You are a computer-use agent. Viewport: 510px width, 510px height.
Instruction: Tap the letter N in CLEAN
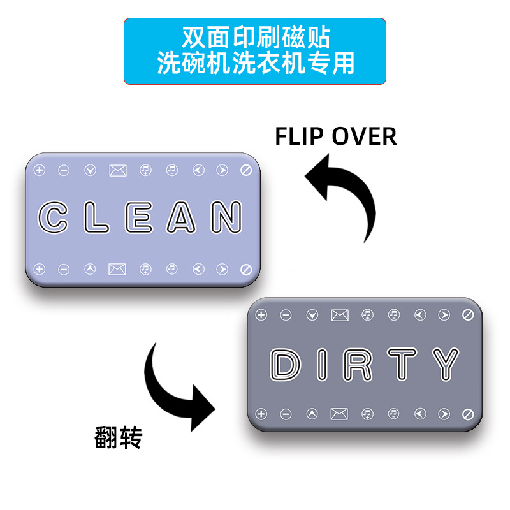point(226,217)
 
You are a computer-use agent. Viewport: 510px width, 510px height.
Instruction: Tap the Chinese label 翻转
point(118,438)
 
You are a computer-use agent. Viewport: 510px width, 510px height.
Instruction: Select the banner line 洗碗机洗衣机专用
point(255,64)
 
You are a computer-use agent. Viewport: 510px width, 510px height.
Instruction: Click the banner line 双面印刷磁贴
point(255,38)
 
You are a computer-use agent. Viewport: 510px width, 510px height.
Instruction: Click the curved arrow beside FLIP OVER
point(344,194)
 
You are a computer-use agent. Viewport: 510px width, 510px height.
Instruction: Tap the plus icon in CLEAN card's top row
point(39,170)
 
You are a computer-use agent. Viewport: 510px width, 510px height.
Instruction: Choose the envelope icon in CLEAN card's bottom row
point(117,269)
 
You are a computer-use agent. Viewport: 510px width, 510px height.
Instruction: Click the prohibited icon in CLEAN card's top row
point(247,170)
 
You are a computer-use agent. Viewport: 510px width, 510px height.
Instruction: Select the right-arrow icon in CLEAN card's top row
point(222,170)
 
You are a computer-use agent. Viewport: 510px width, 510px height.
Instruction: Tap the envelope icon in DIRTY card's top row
point(340,314)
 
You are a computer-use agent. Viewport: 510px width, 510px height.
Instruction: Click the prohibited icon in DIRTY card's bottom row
point(468,414)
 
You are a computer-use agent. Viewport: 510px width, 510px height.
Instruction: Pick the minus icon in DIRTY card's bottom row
point(286,414)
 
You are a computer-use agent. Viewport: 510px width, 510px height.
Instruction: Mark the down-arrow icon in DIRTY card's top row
point(312,314)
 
